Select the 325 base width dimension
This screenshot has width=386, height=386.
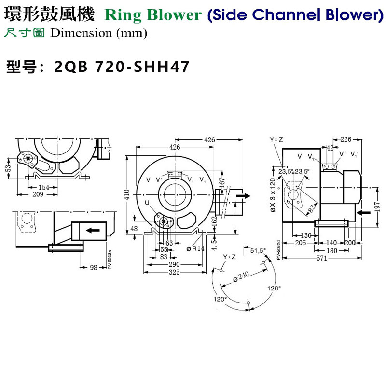175,273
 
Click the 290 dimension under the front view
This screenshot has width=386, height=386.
175,265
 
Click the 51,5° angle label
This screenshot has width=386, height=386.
258,250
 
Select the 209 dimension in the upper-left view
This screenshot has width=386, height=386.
37,194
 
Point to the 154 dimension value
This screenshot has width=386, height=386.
43,188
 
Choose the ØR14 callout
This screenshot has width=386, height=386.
195,249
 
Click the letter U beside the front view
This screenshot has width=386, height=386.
147,203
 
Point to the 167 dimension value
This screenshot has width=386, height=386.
222,184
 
